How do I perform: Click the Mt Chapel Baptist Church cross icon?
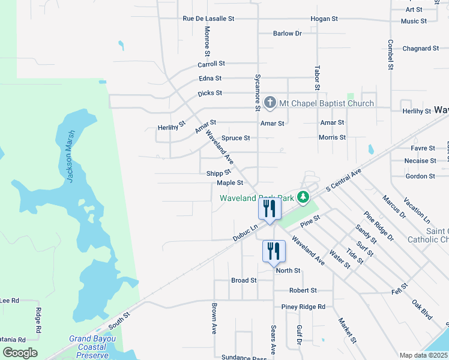tap(270, 103)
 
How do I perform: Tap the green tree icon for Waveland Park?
tap(304, 197)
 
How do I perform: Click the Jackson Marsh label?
tap(70, 157)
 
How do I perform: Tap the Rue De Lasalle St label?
tap(208, 19)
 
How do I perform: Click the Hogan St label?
tap(324, 19)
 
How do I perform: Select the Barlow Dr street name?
tap(287, 34)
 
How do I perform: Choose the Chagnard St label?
tap(421, 49)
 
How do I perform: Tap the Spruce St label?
tap(235, 138)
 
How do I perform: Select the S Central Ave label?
tap(345, 181)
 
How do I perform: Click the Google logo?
tap(20, 353)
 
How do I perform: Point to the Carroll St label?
tap(211, 63)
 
